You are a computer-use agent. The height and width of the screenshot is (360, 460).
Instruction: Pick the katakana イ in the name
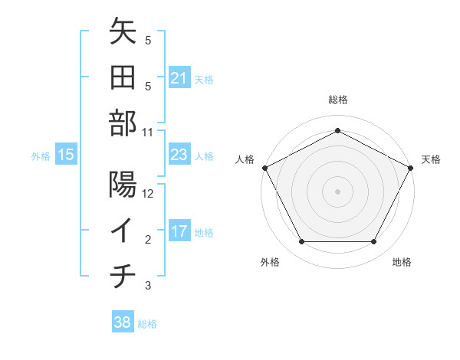pyautogui.click(x=123, y=230)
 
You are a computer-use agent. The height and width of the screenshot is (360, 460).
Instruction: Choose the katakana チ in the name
pyautogui.click(x=123, y=276)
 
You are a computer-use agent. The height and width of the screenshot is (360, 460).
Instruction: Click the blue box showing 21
pyautogui.click(x=179, y=78)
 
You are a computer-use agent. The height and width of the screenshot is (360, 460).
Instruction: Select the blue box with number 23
pyautogui.click(x=179, y=155)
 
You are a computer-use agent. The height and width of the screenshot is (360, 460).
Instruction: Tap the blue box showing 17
pyautogui.click(x=179, y=231)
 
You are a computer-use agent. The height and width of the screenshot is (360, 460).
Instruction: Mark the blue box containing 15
pyautogui.click(x=66, y=155)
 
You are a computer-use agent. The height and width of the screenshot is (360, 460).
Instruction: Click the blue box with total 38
pyautogui.click(x=122, y=322)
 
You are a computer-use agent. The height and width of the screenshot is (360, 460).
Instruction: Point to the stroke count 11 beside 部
pyautogui.click(x=148, y=132)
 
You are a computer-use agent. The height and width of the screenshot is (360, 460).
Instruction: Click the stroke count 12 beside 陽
pyautogui.click(x=148, y=194)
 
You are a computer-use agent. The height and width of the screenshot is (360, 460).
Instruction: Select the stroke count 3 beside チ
pyautogui.click(x=148, y=286)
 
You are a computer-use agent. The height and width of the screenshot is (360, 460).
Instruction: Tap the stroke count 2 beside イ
pyautogui.click(x=148, y=240)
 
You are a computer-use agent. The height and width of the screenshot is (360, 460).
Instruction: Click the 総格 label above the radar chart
pyautogui.click(x=337, y=100)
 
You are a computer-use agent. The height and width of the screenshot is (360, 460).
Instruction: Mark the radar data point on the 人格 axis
pyautogui.click(x=264, y=167)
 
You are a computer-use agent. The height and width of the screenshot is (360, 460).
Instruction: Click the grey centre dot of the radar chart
pyautogui.click(x=337, y=191)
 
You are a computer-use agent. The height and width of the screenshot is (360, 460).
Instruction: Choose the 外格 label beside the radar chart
pyautogui.click(x=270, y=262)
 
